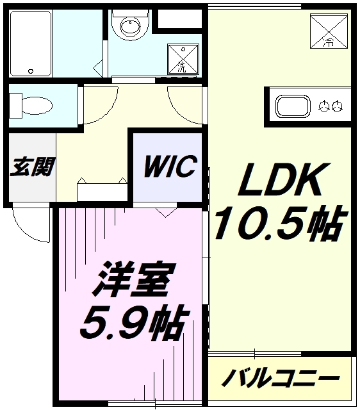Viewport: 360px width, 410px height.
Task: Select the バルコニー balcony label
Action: [x=280, y=379]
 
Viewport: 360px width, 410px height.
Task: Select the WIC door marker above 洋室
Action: [x=165, y=212]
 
